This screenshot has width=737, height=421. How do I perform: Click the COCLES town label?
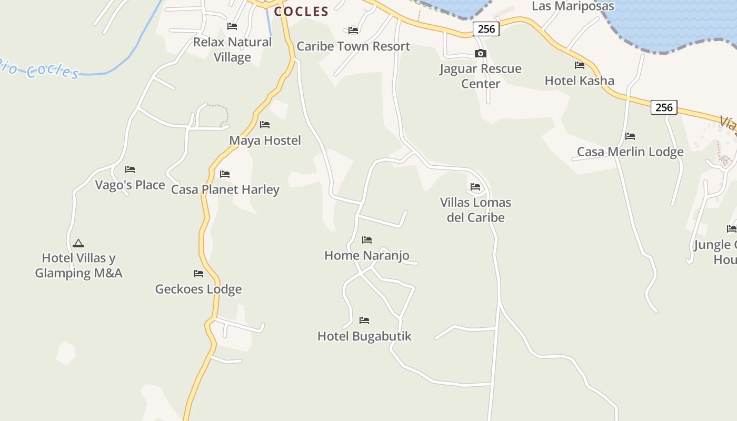pyautogui.click(x=301, y=11)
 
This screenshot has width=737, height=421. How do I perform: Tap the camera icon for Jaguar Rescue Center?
pyautogui.click(x=480, y=54)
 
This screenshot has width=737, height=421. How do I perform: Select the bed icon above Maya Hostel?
pyautogui.click(x=265, y=125)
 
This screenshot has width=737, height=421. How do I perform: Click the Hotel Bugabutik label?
pyautogui.click(x=364, y=336)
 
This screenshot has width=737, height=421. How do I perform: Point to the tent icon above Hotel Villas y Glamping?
pyautogui.click(x=78, y=243)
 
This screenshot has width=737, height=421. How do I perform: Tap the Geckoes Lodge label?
pyautogui.click(x=198, y=289)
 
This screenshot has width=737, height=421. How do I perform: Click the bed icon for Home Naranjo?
pyautogui.click(x=367, y=240)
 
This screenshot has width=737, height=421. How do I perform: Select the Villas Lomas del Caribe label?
pyautogui.click(x=475, y=210)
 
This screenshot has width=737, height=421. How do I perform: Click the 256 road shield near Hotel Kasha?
pyautogui.click(x=664, y=107)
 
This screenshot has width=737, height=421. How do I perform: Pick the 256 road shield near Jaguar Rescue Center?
pyautogui.click(x=486, y=29)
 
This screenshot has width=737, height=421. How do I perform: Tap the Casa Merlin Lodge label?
pyautogui.click(x=630, y=152)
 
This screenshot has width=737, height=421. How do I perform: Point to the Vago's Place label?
pyautogui.click(x=130, y=185)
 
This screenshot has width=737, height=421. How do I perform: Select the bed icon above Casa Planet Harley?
pyautogui.click(x=225, y=174)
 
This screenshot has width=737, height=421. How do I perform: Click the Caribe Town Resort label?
pyautogui.click(x=353, y=46)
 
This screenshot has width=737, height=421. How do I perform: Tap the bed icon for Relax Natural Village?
pyautogui.click(x=232, y=26)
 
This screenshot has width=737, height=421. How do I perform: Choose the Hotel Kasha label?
pyautogui.click(x=579, y=81)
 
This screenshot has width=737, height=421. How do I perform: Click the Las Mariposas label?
pyautogui.click(x=573, y=6)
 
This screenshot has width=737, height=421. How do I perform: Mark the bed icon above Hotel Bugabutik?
pyautogui.click(x=364, y=320)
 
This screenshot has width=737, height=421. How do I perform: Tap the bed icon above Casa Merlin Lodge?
pyautogui.click(x=630, y=136)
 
